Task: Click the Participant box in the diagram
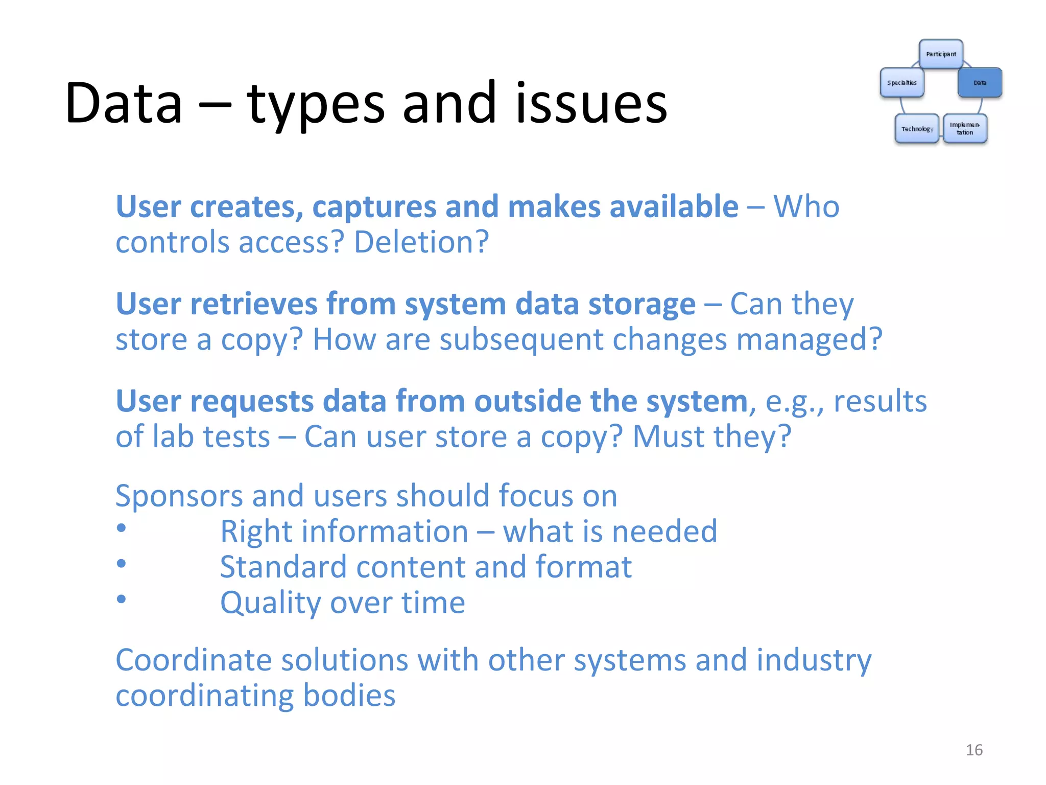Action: [x=941, y=54]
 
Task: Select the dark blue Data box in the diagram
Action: [x=980, y=82]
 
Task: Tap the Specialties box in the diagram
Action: [x=902, y=82]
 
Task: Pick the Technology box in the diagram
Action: [x=917, y=128]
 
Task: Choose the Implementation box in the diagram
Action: [x=965, y=128]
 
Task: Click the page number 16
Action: [x=974, y=750]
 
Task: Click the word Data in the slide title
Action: [x=124, y=103]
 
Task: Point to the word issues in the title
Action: [x=591, y=103]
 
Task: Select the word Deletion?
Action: [x=421, y=242]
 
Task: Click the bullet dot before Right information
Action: [x=121, y=528]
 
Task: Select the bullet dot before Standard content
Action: [x=121, y=563]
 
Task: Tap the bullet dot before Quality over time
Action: [x=121, y=598]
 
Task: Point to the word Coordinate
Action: [x=194, y=660]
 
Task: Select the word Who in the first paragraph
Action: [x=806, y=207]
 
